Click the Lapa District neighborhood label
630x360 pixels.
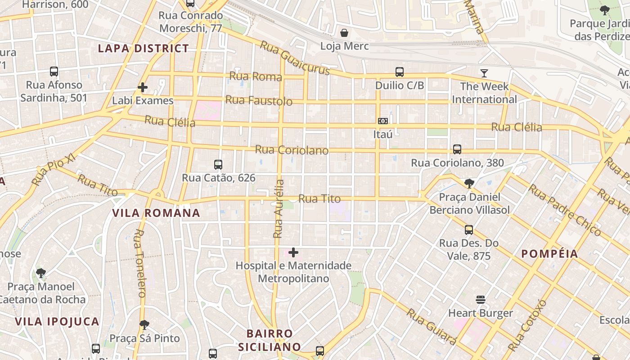click(x=144, y=49)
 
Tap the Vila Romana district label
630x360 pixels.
click(x=156, y=213)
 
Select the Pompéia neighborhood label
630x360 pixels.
click(x=549, y=254)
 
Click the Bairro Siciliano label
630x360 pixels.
click(x=269, y=340)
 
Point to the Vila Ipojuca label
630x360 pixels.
click(x=57, y=321)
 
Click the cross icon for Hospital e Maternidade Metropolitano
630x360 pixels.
click(x=293, y=252)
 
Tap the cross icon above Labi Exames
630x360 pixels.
click(x=143, y=87)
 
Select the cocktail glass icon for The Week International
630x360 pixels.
click(x=484, y=73)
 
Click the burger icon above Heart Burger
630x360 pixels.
click(x=480, y=300)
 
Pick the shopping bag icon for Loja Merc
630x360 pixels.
click(x=344, y=33)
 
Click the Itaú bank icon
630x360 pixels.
click(x=383, y=121)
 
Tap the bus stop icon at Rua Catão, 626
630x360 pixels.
click(x=218, y=165)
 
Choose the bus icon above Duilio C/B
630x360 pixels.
click(x=399, y=72)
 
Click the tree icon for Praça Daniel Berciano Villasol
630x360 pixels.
click(x=469, y=183)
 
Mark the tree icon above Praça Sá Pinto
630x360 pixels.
click(x=144, y=324)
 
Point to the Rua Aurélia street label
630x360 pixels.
click(x=279, y=209)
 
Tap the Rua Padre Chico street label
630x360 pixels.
click(x=565, y=210)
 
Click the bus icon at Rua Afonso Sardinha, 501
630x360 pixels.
click(x=54, y=71)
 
